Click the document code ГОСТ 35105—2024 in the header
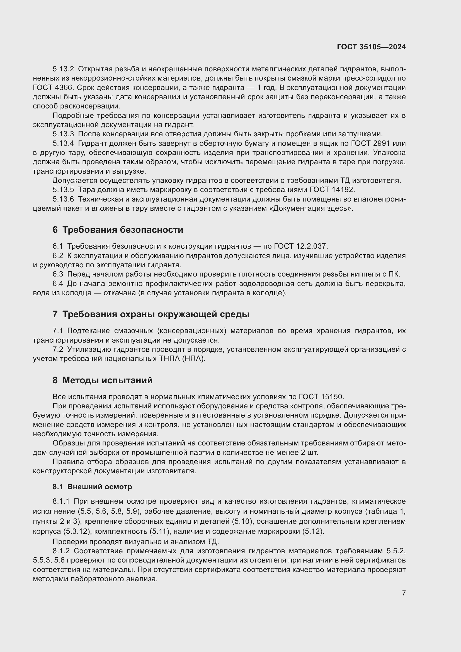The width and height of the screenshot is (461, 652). point(371,47)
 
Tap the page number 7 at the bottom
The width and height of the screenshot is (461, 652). point(404,593)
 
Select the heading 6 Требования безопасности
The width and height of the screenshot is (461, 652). point(118,230)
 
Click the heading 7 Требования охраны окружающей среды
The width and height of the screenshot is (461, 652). point(151,314)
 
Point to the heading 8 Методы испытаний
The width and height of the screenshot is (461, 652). point(103,380)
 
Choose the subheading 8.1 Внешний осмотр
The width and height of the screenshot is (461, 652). point(92,487)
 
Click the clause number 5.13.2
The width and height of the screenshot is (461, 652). point(63,69)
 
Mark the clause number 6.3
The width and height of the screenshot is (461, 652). point(58,274)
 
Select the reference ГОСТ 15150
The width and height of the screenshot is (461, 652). point(321,396)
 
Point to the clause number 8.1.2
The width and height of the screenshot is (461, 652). point(61,551)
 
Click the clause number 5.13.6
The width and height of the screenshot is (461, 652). point(63,199)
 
